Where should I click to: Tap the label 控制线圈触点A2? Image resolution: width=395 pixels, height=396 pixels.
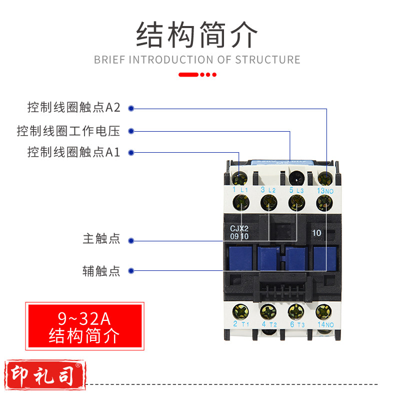pyautogui.click(x=74, y=108)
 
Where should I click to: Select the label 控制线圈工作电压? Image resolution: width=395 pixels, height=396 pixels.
pyautogui.click(x=68, y=131)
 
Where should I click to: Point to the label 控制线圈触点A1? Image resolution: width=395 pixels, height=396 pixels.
pyautogui.click(x=74, y=152)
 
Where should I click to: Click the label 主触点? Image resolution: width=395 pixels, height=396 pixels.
pyautogui.click(x=101, y=239)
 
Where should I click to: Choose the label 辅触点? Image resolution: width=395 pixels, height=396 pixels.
pyautogui.click(x=101, y=271)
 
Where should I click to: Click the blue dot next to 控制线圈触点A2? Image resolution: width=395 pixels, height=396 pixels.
pyautogui.click(x=131, y=108)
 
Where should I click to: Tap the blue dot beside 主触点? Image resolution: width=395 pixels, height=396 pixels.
pyautogui.click(x=131, y=239)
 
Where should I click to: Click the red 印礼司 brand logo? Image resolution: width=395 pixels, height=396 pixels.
pyautogui.click(x=43, y=375)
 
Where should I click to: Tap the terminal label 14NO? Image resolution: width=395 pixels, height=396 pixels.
pyautogui.click(x=325, y=324)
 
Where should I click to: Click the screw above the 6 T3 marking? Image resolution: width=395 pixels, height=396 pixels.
pyautogui.click(x=296, y=311)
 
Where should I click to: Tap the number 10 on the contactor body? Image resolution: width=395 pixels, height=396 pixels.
pyautogui.click(x=316, y=232)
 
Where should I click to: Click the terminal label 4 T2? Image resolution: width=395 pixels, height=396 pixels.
pyautogui.click(x=268, y=324)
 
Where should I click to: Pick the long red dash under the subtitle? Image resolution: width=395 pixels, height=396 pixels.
pyautogui.click(x=188, y=75)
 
